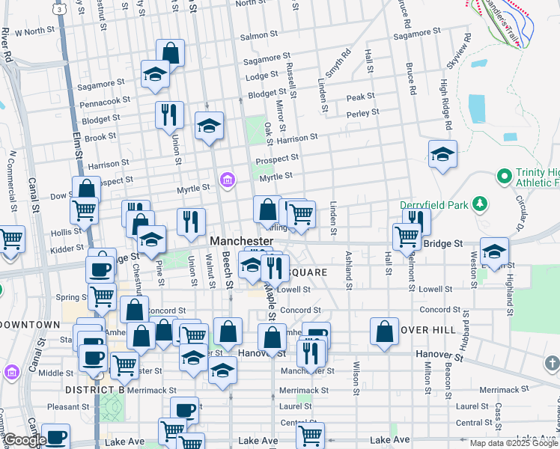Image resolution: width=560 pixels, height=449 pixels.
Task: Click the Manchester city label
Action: pyautogui.click(x=242, y=241)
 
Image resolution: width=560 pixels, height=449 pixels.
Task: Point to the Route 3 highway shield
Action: pyautogui.click(x=58, y=9)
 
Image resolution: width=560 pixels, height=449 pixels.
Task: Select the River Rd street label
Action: pyautogui.click(x=7, y=45)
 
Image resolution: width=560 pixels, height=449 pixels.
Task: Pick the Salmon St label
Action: pyautogui.click(x=259, y=35)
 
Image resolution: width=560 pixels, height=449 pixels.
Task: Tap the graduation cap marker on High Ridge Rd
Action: pyautogui.click(x=442, y=154)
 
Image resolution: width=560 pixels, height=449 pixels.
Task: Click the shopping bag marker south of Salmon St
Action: pyautogui.click(x=170, y=53)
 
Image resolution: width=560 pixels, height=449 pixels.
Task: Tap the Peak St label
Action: pyautogui.click(x=360, y=97)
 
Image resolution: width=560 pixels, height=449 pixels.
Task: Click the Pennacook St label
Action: pyautogui.click(x=105, y=99)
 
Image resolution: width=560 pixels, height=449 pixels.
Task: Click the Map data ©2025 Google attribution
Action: pyautogui.click(x=514, y=443)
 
